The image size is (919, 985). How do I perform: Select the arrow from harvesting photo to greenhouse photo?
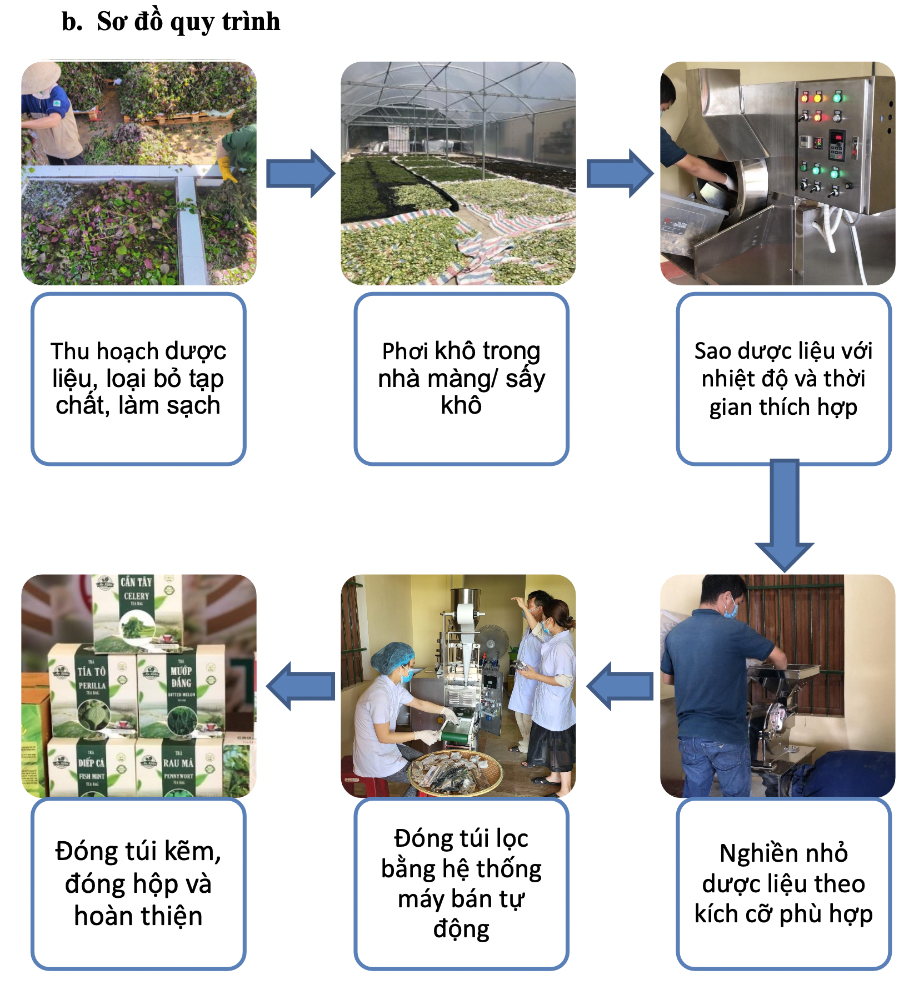pos(300,173)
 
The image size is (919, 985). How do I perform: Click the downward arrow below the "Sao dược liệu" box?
pos(784,514)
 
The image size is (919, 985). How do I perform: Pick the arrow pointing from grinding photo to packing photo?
pos(620,686)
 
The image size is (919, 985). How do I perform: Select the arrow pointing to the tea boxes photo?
pos(301,686)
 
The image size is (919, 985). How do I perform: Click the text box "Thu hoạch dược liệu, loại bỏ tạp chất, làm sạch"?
pos(138,379)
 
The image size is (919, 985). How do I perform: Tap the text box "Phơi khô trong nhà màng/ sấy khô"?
pos(461,379)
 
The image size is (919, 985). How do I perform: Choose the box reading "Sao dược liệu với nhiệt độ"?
pos(783,379)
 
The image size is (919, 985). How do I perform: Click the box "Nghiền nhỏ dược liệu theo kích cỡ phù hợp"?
pos(783,883)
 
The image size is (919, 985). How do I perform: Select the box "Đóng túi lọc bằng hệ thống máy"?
pos(461,883)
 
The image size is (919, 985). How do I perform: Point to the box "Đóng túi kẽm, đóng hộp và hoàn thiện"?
pos(138,883)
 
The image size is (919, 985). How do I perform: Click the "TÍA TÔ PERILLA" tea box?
pos(92,691)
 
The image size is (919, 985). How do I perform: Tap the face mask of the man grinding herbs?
pos(731,610)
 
